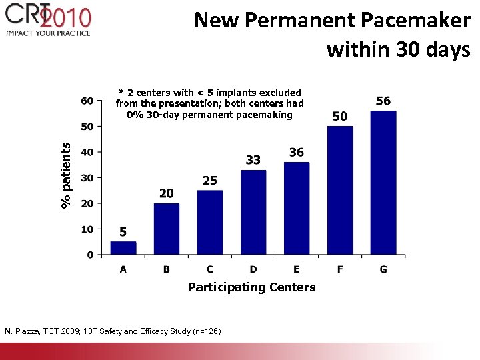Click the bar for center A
tap(123, 248)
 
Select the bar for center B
tap(167, 229)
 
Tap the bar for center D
tap(253, 212)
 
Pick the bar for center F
tap(340, 190)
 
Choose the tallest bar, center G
tap(383, 183)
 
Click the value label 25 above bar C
tap(210, 181)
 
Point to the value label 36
tap(297, 153)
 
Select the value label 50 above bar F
tap(340, 116)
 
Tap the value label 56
tap(383, 101)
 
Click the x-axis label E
tap(297, 269)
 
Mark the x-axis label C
tap(210, 269)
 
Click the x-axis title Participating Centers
tap(251, 287)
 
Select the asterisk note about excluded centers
tap(209, 103)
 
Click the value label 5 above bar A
tap(123, 232)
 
